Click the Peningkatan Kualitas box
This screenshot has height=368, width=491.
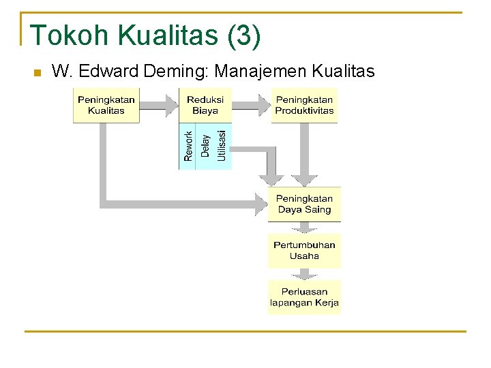tap(106, 105)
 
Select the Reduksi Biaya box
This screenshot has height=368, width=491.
tap(205, 105)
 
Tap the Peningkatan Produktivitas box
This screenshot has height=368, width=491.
tap(304, 105)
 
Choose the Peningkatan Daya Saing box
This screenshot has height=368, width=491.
tap(304, 204)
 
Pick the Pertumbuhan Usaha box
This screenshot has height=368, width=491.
tap(304, 251)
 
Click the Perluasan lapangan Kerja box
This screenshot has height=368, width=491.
tap(304, 297)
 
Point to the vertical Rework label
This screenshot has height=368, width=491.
tap(188, 146)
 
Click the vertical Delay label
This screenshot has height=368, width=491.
tap(205, 146)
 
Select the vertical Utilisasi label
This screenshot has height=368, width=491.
tap(222, 146)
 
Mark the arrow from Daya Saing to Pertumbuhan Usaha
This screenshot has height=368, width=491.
tap(304, 228)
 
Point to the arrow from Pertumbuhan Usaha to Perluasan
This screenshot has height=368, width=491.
tap(304, 274)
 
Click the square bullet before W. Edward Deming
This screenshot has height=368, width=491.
tap(37, 72)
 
